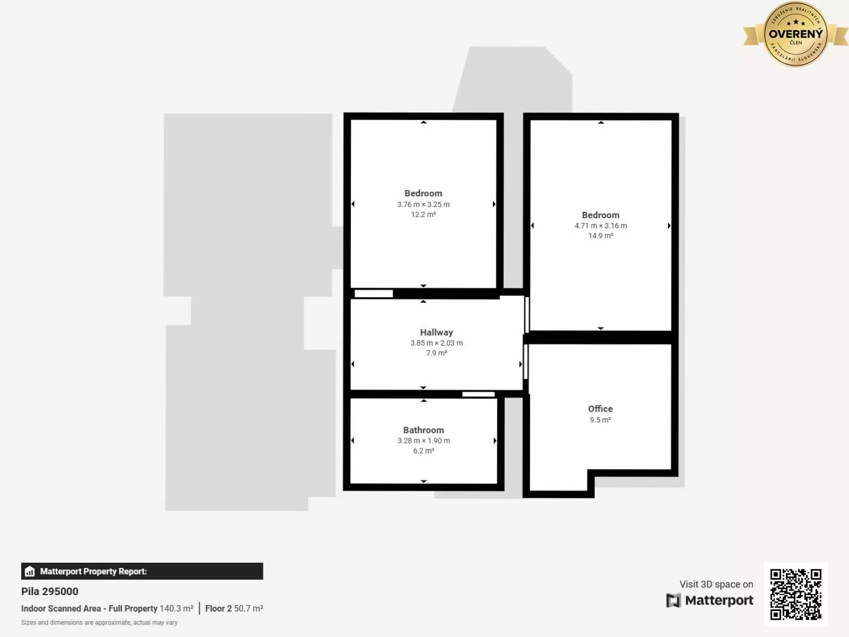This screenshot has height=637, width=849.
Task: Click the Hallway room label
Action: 436,333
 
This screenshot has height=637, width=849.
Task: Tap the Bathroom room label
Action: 423,431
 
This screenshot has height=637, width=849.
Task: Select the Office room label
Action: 600,409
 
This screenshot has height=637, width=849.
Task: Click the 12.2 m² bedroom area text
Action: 423,215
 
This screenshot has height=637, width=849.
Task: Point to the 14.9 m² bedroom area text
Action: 600,236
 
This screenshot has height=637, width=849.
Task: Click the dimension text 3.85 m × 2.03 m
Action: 436,343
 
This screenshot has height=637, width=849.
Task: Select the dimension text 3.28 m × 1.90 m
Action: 423,441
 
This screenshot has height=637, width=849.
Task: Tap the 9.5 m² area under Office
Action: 600,420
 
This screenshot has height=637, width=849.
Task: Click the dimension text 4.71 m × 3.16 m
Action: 600,226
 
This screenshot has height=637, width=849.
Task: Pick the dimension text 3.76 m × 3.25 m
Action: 423,205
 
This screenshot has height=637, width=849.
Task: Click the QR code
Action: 795,594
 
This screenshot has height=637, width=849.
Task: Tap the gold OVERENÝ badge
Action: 795,34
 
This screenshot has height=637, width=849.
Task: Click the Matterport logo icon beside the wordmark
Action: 673,600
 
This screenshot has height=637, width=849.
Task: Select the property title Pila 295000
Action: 50,592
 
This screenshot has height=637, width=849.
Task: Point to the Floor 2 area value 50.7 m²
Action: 248,609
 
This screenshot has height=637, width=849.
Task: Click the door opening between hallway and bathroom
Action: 478,394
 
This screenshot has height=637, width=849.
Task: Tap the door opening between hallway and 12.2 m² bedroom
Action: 373,294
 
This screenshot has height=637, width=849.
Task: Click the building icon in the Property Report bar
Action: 30,572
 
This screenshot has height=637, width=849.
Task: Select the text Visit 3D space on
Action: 716,585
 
